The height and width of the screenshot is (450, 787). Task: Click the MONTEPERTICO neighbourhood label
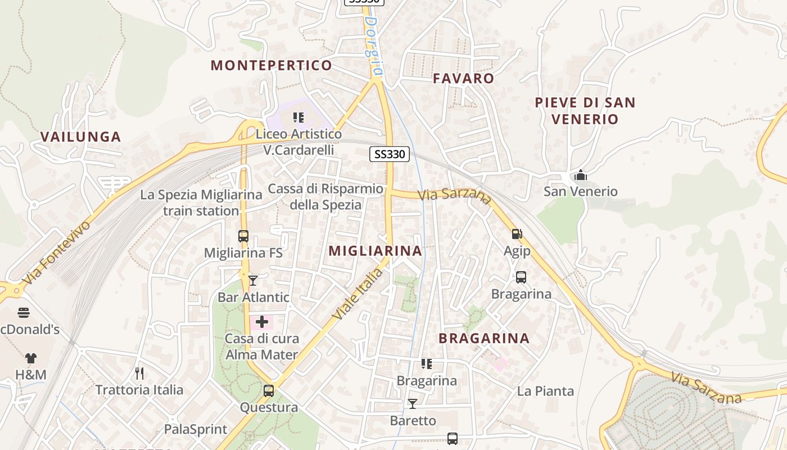click(272, 65)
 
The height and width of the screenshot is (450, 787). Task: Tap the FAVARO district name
click(463, 78)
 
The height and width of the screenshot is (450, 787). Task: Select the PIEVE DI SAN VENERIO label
click(585, 111)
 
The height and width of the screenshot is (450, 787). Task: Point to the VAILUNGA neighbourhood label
click(81, 137)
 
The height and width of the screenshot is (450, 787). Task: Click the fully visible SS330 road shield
click(390, 154)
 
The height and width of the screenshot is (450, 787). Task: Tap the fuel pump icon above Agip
click(517, 233)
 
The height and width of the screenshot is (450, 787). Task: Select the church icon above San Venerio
click(581, 175)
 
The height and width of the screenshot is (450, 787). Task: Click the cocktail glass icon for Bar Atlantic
click(253, 280)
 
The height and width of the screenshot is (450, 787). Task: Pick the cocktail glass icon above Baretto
click(413, 404)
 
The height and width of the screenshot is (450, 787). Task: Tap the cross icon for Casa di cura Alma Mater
click(262, 322)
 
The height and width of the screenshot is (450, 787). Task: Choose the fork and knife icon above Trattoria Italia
click(139, 373)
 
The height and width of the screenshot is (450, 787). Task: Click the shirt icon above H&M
click(30, 358)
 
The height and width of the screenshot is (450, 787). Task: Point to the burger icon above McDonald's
click(24, 312)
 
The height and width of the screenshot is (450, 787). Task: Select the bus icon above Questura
click(269, 390)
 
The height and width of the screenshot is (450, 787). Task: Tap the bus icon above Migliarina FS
click(243, 236)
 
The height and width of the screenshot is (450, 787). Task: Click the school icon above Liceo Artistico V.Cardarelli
click(298, 118)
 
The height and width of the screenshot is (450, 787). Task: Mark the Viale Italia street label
click(358, 294)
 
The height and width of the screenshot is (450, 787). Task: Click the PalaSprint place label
click(195, 429)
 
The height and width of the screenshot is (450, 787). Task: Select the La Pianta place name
click(545, 391)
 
